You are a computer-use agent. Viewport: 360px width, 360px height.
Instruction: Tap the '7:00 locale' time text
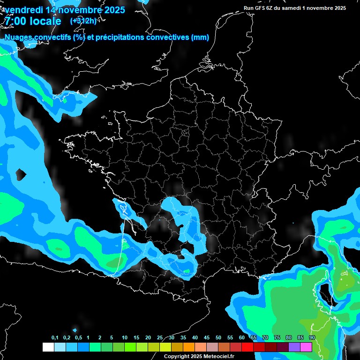tap(33, 22)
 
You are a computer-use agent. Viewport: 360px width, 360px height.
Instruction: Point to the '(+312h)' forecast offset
tap(83, 21)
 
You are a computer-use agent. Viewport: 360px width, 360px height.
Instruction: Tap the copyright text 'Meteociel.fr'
tap(218, 356)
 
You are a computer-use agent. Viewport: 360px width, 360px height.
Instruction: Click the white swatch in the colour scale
tap(48, 347)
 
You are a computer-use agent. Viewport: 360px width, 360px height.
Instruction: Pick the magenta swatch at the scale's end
tap(306, 347)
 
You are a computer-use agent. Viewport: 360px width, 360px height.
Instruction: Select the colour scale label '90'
tap(312, 337)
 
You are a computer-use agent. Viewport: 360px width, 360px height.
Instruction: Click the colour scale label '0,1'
tap(55, 337)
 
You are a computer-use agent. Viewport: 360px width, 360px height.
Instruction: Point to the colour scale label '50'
tap(218, 337)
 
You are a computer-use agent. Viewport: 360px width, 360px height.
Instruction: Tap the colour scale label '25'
tap(160, 337)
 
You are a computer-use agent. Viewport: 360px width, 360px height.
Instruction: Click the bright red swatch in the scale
tap(247, 347)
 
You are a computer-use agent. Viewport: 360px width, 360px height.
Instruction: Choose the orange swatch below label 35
tap(189, 347)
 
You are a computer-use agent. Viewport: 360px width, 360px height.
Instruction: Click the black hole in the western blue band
tap(21, 175)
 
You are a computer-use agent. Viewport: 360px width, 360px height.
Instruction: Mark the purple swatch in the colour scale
tap(294, 347)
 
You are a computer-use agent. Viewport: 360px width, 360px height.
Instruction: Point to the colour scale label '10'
tap(125, 337)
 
